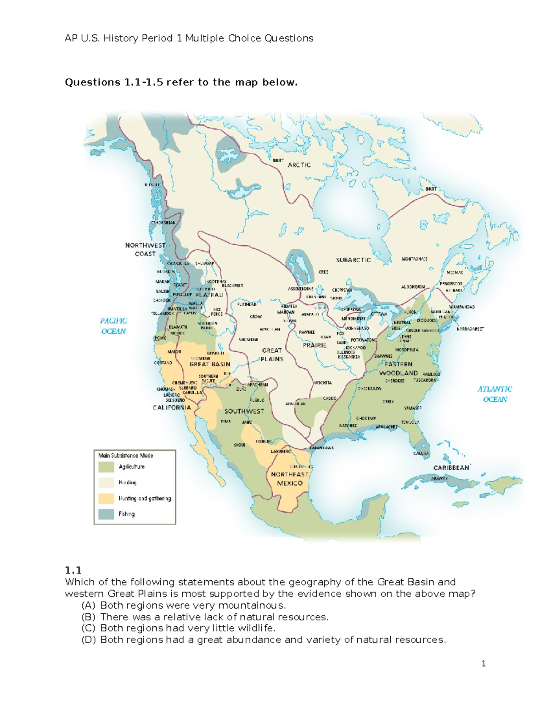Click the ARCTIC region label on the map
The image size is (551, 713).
299,165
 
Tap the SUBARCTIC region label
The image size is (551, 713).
353,260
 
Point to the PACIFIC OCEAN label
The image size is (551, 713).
113,326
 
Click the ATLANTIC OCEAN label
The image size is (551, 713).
495,394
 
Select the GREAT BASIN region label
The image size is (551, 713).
210,364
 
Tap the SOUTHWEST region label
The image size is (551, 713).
244,411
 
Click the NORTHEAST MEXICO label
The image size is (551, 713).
290,478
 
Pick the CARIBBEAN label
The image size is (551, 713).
451,467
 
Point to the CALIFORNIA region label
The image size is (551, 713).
172,407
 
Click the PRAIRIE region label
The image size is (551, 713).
315,345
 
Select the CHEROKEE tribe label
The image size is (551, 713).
394,381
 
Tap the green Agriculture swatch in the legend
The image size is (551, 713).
106,467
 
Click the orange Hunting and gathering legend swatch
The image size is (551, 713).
106,499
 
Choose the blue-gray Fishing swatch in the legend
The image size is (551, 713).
106,514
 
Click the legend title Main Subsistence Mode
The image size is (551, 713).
126,455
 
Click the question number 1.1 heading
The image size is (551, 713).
73,570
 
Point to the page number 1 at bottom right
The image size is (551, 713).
484,663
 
